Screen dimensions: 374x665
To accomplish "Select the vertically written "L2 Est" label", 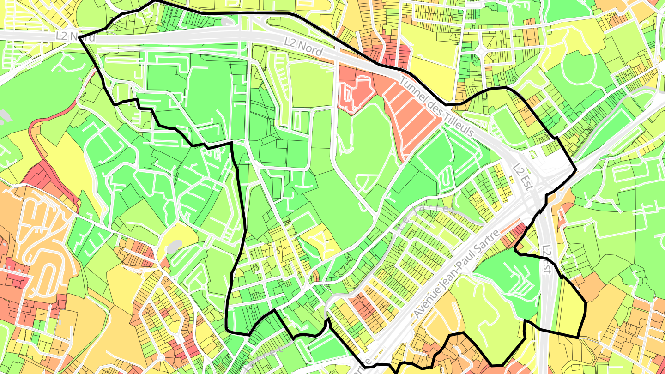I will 548,259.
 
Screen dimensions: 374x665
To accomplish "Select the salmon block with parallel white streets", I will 413,120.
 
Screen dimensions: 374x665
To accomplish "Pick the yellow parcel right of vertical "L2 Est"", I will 569,309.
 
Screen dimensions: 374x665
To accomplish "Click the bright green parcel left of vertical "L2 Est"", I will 508,277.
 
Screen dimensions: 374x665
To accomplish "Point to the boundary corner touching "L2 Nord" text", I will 79,37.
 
